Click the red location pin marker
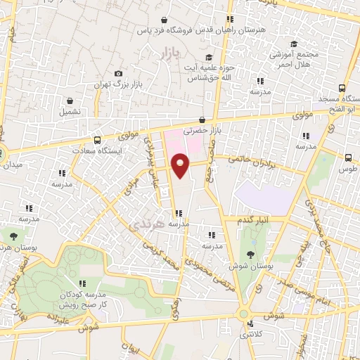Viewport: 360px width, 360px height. (181, 165)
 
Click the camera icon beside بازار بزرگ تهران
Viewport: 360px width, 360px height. (118, 74)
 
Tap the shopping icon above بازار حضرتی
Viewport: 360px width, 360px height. (202, 120)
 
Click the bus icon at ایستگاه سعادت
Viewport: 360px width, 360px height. (97, 139)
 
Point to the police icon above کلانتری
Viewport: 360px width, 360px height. (252, 324)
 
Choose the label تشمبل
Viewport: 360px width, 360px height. (70, 111)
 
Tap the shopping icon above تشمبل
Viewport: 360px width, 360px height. (71, 101)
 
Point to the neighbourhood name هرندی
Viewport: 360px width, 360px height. (147, 225)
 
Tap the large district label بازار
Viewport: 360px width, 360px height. (164, 52)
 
